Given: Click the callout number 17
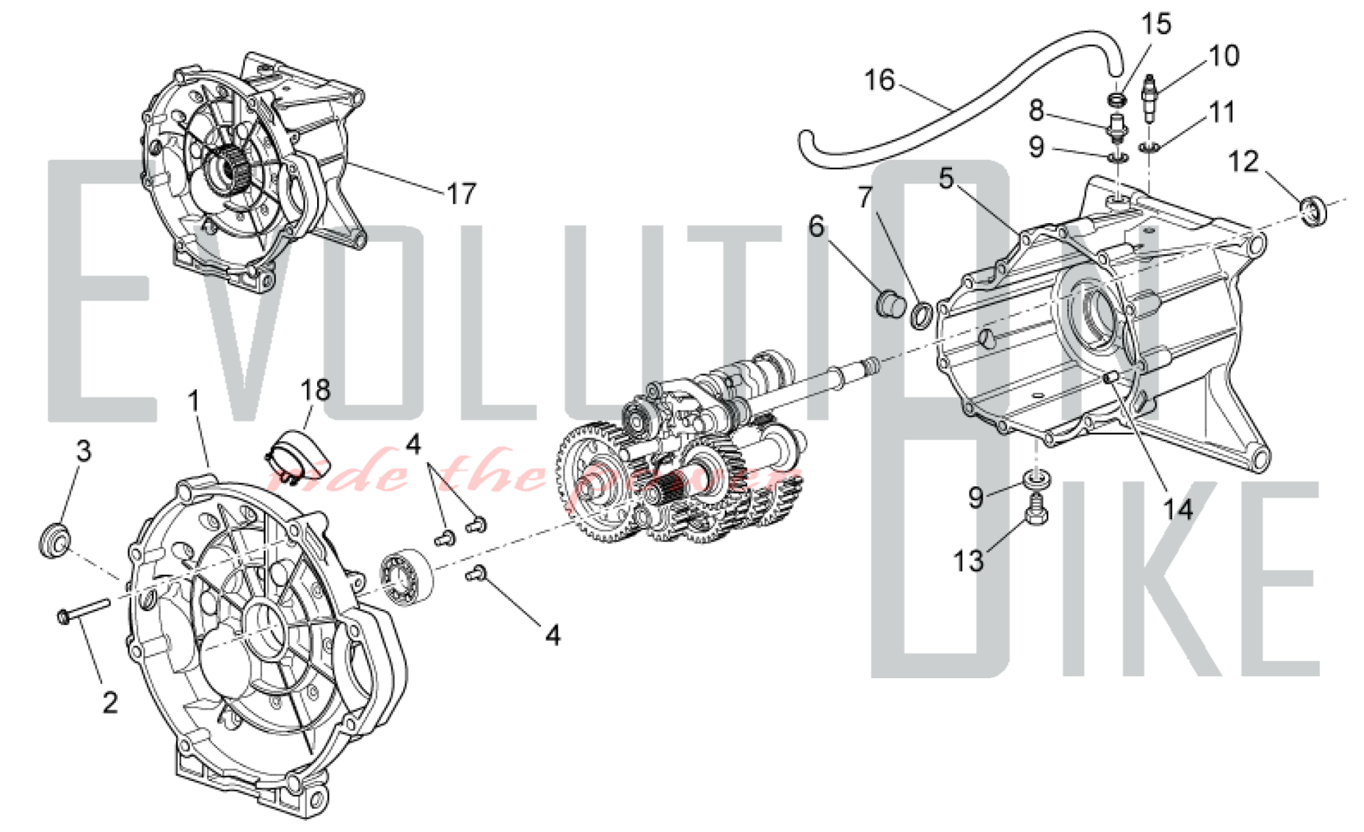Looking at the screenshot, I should coord(462,194).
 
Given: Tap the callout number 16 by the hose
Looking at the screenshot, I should coord(879,80).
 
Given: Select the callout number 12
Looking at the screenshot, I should coord(1243,162).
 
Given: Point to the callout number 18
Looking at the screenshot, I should coord(315,391).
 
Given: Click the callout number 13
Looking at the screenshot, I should coord(968,561).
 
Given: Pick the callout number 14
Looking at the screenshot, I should coord(1178,509).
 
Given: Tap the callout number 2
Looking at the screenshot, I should coord(110,702).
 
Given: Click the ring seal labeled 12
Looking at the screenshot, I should coord(1314,210).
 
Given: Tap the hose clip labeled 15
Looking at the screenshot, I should coord(1116,100).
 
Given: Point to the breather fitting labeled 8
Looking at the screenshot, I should coord(1116,128).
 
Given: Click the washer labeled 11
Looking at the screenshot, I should coord(1149,147).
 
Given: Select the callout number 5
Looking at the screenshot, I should coord(946,178).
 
